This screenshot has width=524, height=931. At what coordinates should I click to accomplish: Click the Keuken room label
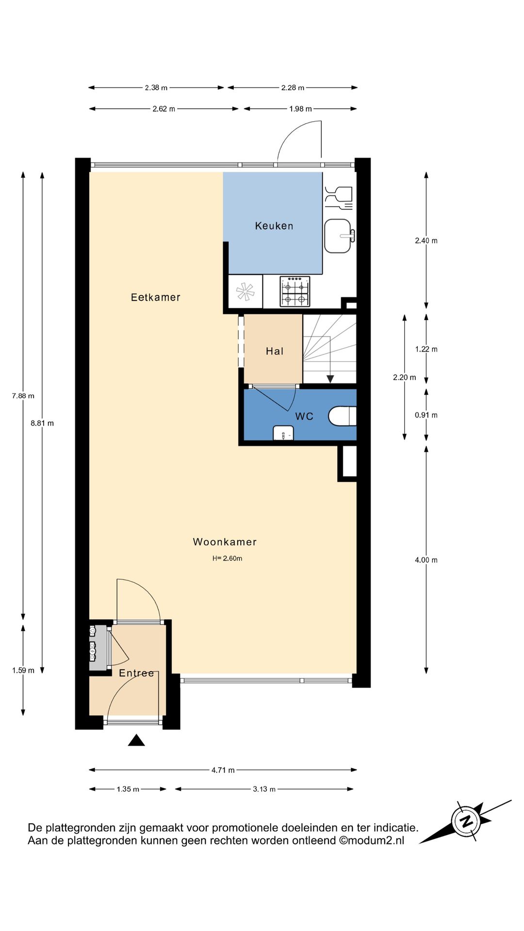pyautogui.click(x=274, y=226)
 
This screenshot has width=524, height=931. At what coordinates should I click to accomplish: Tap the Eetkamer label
pyautogui.click(x=156, y=297)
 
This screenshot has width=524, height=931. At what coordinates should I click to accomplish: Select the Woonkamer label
pyautogui.click(x=225, y=542)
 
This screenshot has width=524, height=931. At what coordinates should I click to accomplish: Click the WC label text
pyautogui.click(x=304, y=416)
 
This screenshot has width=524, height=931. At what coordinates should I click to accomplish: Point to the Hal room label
pyautogui.click(x=275, y=351)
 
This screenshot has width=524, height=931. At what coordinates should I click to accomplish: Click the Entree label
pyautogui.click(x=136, y=673)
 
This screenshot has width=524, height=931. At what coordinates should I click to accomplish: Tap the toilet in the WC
pyautogui.click(x=343, y=416)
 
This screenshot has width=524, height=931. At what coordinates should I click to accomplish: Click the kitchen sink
pyautogui.click(x=338, y=236)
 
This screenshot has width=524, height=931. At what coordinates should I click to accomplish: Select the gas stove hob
pyautogui.click(x=295, y=291)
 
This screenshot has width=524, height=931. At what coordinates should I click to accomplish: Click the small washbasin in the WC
pyautogui.click(x=283, y=433)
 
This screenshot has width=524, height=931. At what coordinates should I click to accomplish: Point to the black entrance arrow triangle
pyautogui.click(x=136, y=740)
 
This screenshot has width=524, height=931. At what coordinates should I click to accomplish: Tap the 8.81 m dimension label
pyautogui.click(x=42, y=423)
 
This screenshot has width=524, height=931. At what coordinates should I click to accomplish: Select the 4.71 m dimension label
pyautogui.click(x=223, y=770)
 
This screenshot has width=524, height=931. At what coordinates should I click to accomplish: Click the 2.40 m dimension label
pyautogui.click(x=426, y=241)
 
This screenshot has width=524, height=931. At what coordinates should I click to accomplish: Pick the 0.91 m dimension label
pyautogui.click(x=426, y=415)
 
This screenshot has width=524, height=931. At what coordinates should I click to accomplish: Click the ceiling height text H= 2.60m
pyautogui.click(x=227, y=558)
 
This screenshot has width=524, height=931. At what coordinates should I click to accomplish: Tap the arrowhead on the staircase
pyautogui.click(x=330, y=379)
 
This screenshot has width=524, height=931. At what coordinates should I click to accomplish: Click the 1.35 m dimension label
pyautogui.click(x=128, y=789)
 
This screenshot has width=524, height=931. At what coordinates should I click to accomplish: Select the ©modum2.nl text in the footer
pyautogui.click(x=371, y=840)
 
